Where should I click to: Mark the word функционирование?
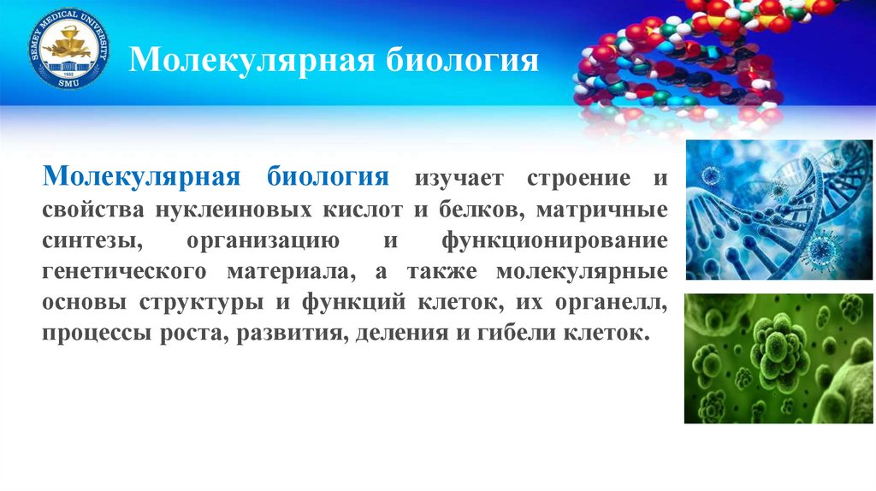554,241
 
